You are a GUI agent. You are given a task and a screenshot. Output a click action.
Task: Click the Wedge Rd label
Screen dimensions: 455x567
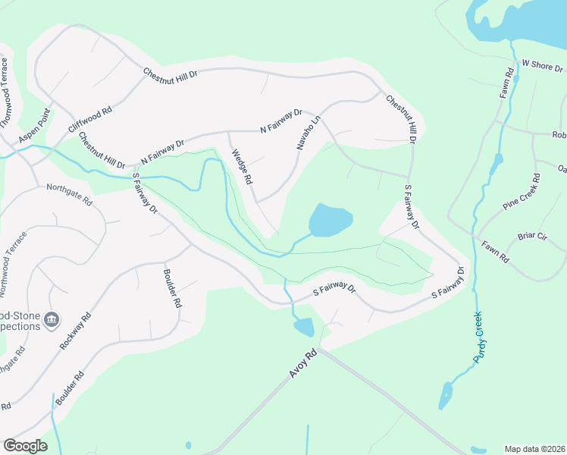pos(242,166)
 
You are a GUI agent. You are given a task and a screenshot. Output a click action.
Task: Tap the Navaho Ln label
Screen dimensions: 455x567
pos(309,133)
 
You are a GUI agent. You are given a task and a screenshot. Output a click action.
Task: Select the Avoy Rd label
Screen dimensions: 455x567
pos(300,363)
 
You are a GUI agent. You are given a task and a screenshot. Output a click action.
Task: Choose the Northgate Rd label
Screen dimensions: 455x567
pos(68,196)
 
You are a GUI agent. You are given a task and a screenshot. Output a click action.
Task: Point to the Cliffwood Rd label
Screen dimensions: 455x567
pos(90,120)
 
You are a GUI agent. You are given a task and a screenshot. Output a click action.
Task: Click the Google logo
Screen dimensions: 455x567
pos(25,445)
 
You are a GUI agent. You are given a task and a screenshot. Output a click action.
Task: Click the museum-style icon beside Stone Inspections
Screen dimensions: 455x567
pos(52,318)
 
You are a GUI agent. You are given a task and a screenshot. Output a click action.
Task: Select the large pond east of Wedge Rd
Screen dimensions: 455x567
pos(330,220)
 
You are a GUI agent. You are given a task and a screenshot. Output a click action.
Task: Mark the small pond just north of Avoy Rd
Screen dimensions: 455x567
pos(303,327)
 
